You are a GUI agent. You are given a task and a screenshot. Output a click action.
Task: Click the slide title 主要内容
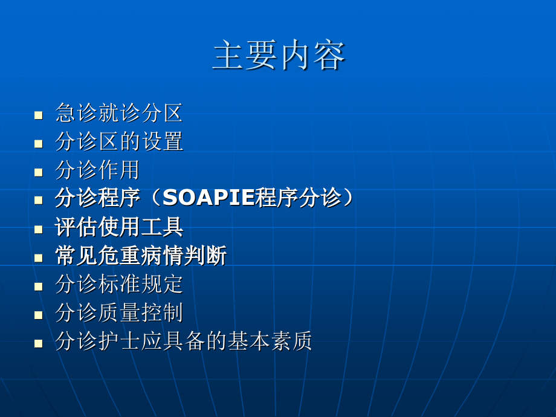click(279, 56)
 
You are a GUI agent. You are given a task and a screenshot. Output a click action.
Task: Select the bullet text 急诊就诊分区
click(118, 113)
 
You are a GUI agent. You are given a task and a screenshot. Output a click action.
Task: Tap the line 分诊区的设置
click(118, 142)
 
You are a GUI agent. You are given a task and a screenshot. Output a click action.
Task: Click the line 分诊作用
click(97, 170)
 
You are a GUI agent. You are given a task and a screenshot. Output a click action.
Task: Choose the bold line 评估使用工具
click(118, 227)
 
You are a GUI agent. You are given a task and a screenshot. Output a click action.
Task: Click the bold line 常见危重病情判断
click(140, 256)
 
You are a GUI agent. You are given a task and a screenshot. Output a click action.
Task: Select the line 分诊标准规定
click(118, 285)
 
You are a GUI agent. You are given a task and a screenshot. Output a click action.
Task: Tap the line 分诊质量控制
click(118, 313)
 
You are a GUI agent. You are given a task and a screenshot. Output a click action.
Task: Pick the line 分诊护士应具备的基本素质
click(183, 342)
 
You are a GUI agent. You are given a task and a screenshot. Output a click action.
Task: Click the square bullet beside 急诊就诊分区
click(39, 115)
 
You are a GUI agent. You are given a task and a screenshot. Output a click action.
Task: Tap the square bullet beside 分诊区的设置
click(39, 144)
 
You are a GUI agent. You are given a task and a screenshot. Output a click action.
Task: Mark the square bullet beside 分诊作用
click(39, 172)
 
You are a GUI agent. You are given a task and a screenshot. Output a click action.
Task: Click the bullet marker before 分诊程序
click(39, 200)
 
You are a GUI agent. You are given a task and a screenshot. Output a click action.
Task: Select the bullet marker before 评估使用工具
click(39, 229)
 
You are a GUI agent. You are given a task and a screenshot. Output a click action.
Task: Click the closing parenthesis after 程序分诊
click(347, 198)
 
